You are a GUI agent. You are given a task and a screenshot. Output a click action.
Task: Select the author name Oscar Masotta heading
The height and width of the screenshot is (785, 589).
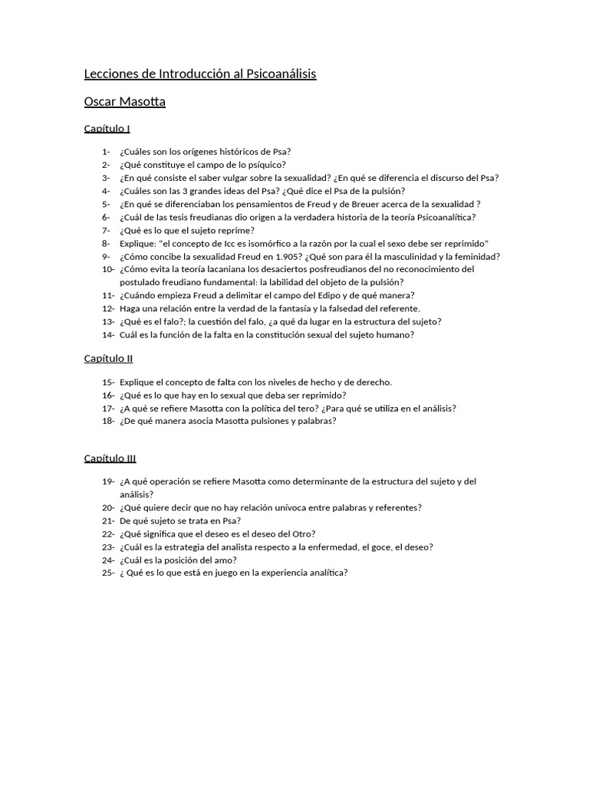(x=125, y=101)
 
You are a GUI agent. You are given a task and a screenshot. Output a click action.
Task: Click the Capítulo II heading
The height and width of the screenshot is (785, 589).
(x=109, y=358)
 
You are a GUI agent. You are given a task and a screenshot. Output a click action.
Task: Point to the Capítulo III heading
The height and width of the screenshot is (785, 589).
(x=110, y=458)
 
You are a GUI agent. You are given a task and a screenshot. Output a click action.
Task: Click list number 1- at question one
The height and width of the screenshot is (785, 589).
(x=106, y=152)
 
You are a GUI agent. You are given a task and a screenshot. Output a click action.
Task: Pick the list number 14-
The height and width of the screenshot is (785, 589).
(x=108, y=335)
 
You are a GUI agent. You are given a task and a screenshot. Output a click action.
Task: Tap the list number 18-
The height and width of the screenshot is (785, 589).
(x=108, y=421)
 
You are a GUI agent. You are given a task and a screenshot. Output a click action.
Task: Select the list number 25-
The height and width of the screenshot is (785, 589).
(x=108, y=573)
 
